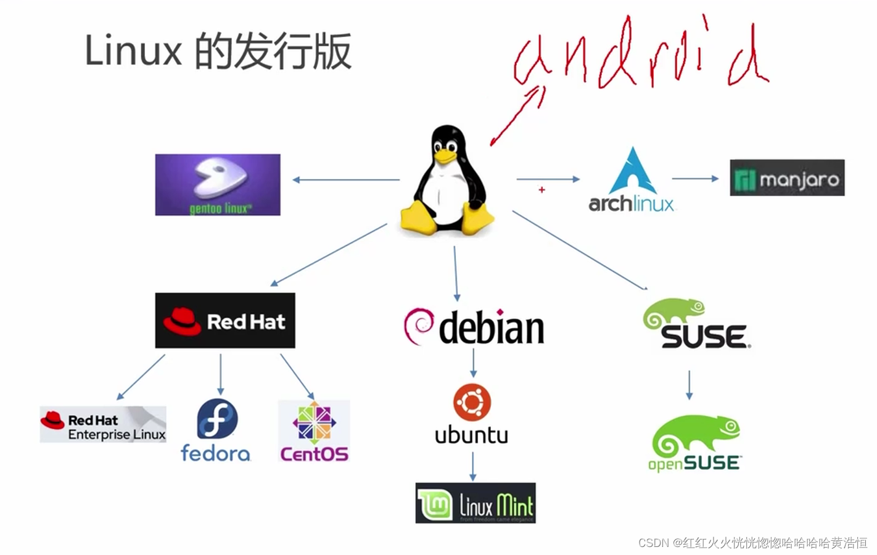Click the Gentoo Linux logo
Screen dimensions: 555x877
coord(218,184)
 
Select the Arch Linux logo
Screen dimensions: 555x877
coord(632,181)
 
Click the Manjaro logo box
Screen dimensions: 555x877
coord(787,178)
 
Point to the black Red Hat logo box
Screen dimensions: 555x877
coord(225,321)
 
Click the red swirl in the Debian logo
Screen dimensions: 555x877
coord(418,325)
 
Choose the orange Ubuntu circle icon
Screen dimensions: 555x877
coord(472,403)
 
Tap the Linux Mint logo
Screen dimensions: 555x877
coord(475,503)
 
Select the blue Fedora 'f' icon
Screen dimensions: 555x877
coord(217,419)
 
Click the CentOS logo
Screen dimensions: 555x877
coord(314,431)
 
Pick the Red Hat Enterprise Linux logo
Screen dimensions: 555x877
coord(103,424)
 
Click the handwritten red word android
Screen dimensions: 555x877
coord(641,59)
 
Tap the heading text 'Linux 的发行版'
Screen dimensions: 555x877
coord(218,51)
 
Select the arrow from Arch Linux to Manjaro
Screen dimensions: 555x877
coord(695,179)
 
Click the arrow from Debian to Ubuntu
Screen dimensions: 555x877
coord(473,363)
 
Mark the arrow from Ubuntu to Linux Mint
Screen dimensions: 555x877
coord(473,466)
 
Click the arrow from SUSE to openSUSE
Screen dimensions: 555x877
coord(689,385)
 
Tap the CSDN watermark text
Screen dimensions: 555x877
coord(752,543)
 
